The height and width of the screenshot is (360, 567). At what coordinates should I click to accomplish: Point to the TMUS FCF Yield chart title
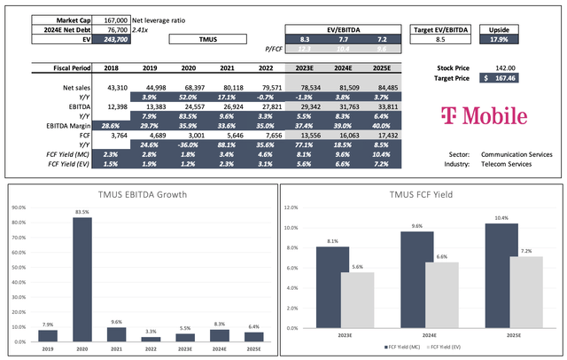click(421, 193)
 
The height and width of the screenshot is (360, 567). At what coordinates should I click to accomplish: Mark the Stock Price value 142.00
click(505, 67)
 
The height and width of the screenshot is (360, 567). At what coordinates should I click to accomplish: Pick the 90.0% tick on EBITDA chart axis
click(16, 207)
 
